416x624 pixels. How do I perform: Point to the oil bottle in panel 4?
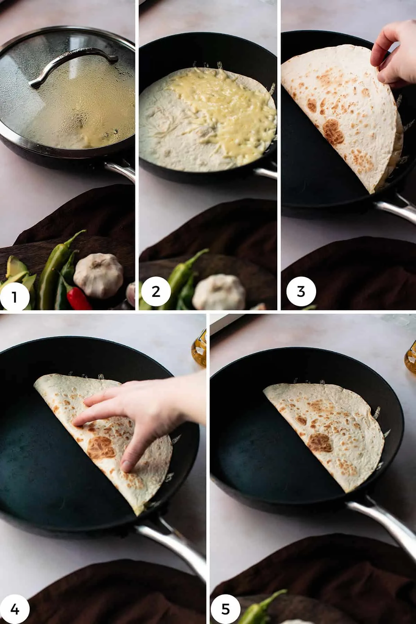[x=199, y=350]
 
